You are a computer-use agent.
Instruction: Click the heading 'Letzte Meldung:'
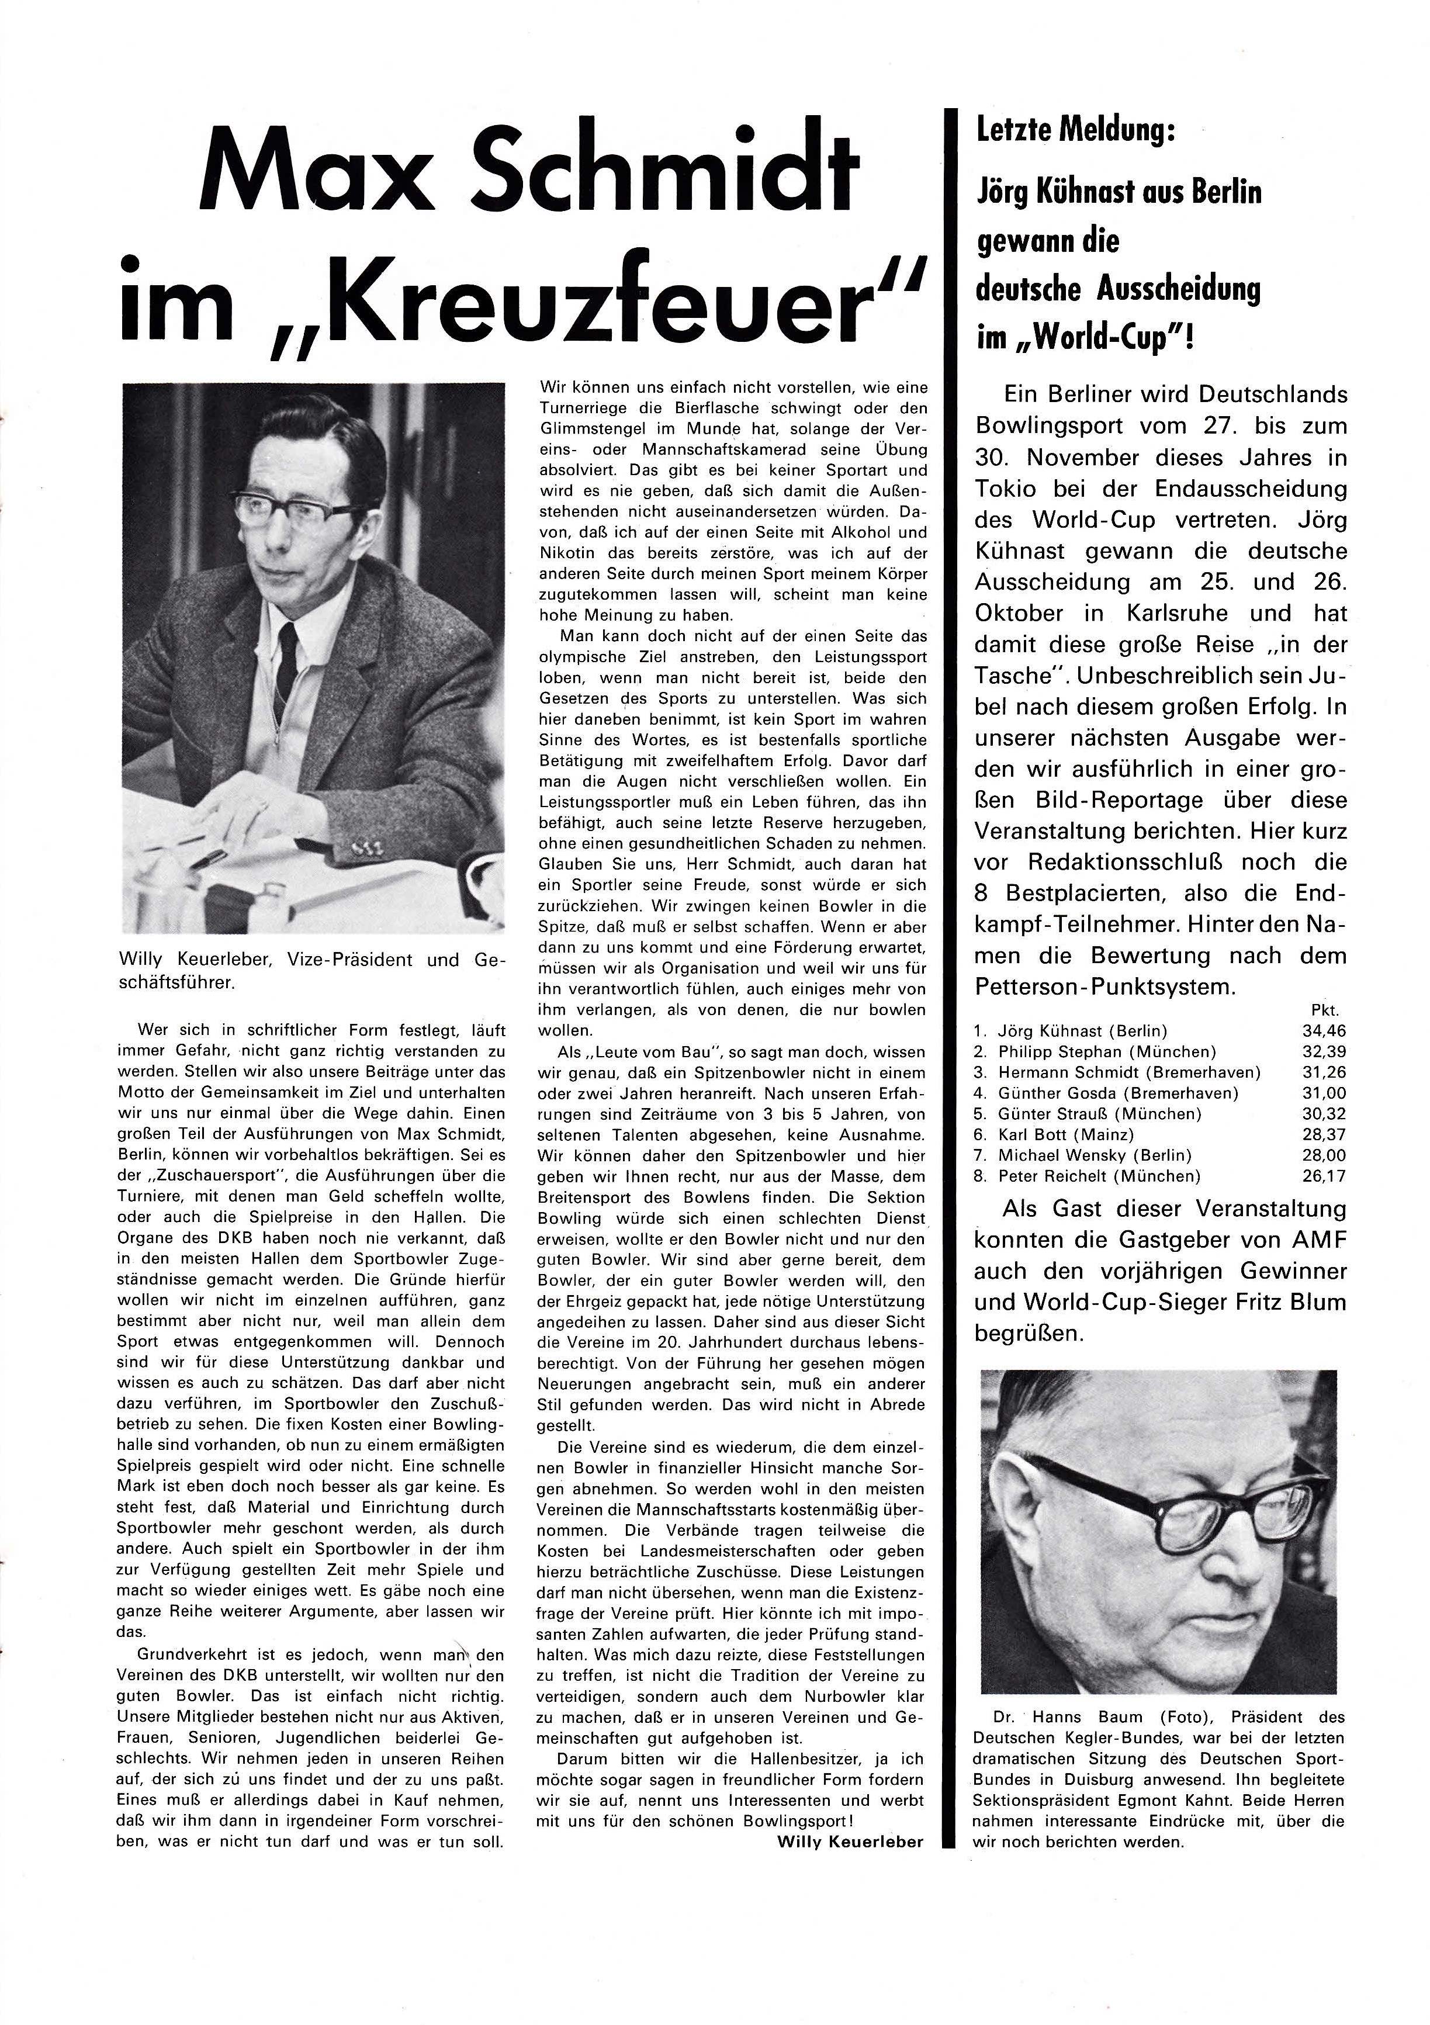pyautogui.click(x=1075, y=131)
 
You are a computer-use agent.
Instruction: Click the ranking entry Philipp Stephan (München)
pyautogui.click(x=1106, y=1051)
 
